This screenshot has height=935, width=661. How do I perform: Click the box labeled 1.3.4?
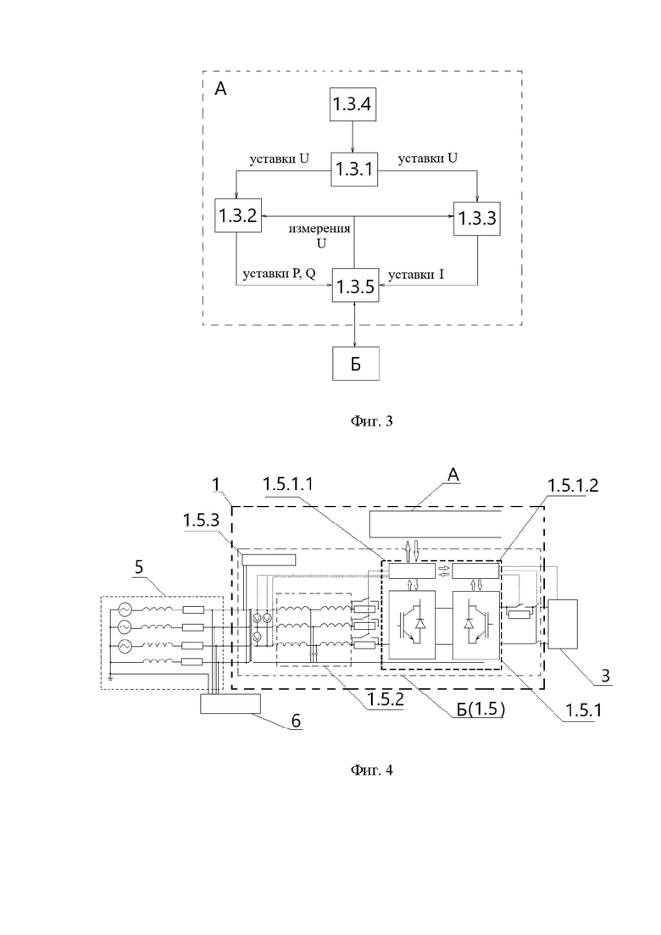tap(353, 104)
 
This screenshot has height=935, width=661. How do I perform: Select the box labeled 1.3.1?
tap(354, 170)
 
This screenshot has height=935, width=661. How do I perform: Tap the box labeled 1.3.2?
tap(237, 216)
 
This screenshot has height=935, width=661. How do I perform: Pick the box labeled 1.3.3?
tap(477, 218)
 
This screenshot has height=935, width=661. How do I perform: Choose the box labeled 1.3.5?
tap(355, 286)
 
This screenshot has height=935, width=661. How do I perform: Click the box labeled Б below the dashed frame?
tap(355, 363)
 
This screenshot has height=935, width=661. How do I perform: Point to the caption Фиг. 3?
tap(371, 421)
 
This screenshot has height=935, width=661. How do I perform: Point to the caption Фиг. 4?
tap(371, 770)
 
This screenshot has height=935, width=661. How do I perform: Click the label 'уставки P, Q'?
tap(279, 274)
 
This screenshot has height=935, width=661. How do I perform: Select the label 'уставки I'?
tap(416, 275)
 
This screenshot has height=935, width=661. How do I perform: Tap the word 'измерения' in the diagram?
tap(319, 228)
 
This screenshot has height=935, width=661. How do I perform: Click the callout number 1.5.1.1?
tap(288, 485)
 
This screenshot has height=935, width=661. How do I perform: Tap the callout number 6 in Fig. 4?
tap(296, 721)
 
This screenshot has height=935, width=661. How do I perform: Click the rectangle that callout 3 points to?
tap(563, 625)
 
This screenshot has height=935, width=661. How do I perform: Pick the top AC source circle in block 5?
tap(125, 609)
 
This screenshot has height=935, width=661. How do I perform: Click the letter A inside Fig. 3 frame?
tap(220, 89)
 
